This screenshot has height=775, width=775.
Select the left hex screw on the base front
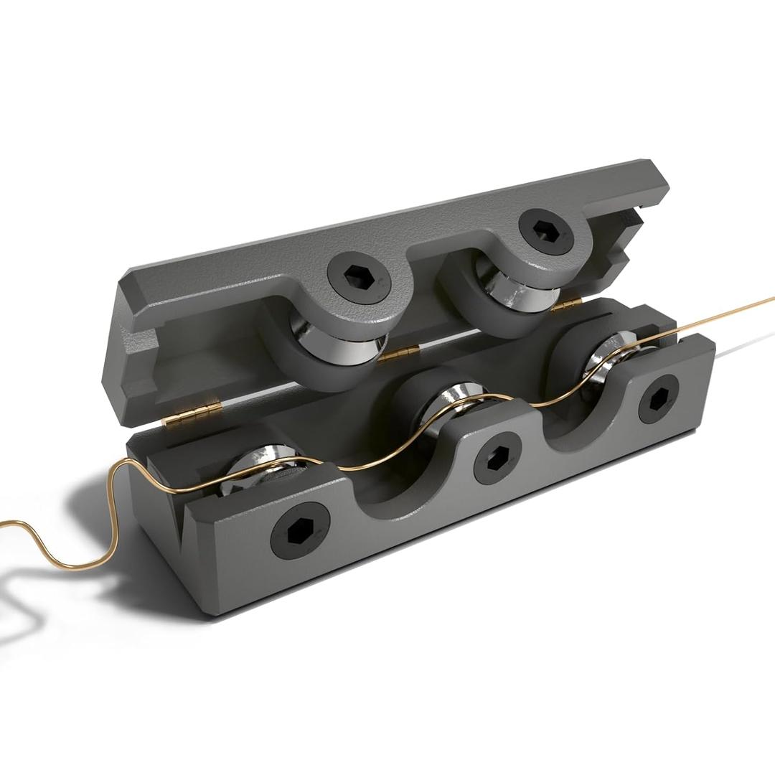300,534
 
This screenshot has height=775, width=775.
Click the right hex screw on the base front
659,399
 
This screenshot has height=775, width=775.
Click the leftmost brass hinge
194,415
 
